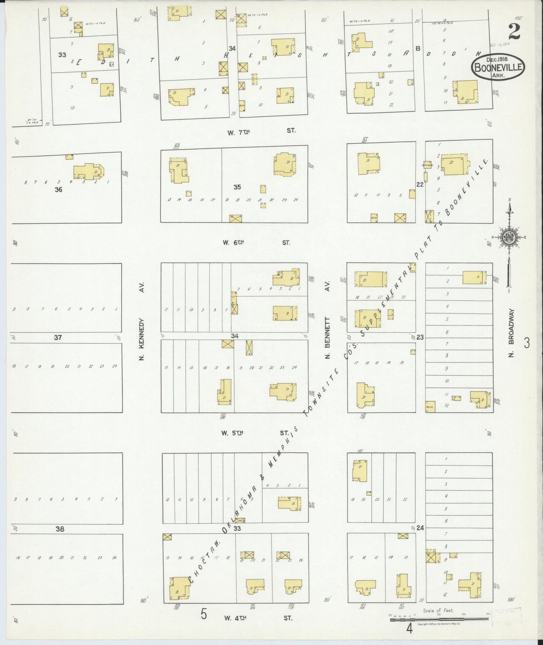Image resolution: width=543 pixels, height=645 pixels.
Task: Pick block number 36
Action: click(x=58, y=190)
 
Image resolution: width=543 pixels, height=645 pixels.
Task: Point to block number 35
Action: click(x=237, y=187)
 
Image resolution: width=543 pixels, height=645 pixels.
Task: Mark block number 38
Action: click(x=60, y=529)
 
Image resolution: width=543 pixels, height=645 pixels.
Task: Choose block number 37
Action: click(x=57, y=338)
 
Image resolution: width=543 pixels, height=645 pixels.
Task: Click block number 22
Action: click(x=420, y=184)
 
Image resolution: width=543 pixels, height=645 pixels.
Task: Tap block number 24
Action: click(x=420, y=528)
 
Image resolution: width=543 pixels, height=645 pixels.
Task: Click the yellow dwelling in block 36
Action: click(x=88, y=172)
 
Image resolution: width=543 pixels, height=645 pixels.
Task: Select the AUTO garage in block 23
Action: click(x=430, y=407)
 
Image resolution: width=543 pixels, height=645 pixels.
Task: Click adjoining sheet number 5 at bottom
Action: click(x=203, y=614)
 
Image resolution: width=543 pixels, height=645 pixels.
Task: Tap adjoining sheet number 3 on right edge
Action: click(x=527, y=343)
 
